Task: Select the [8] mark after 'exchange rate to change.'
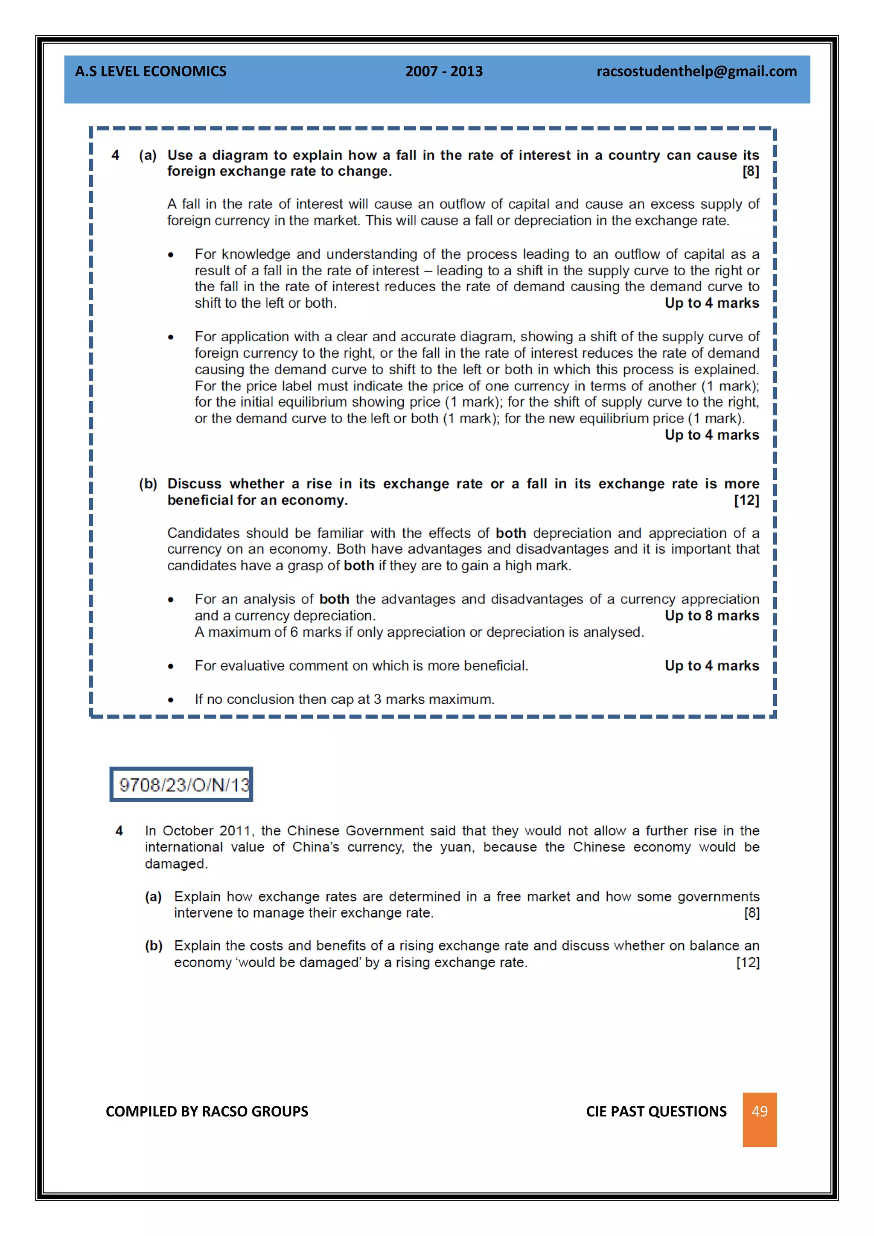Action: [750, 171]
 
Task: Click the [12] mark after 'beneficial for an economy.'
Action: [746, 500]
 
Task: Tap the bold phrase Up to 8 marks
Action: [711, 615]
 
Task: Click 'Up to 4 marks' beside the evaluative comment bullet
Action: [711, 665]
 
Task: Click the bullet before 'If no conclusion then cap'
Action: [171, 700]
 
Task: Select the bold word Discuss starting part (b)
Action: [194, 484]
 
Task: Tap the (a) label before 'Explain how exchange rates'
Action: [153, 896]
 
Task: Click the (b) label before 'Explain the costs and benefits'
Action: [153, 945]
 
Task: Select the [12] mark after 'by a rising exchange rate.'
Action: [748, 962]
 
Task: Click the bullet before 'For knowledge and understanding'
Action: [171, 255]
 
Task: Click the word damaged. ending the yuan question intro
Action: [176, 863]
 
